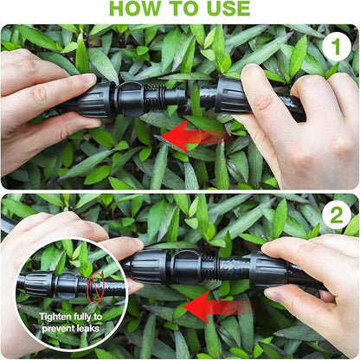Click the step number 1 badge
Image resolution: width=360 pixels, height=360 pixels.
point(336,47)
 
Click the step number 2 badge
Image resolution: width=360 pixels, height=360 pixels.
point(336,215)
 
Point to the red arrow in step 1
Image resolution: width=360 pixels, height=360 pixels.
point(196,136)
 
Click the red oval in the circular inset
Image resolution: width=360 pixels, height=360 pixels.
point(94,285)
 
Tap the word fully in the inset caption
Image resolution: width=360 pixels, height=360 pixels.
point(90,317)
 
